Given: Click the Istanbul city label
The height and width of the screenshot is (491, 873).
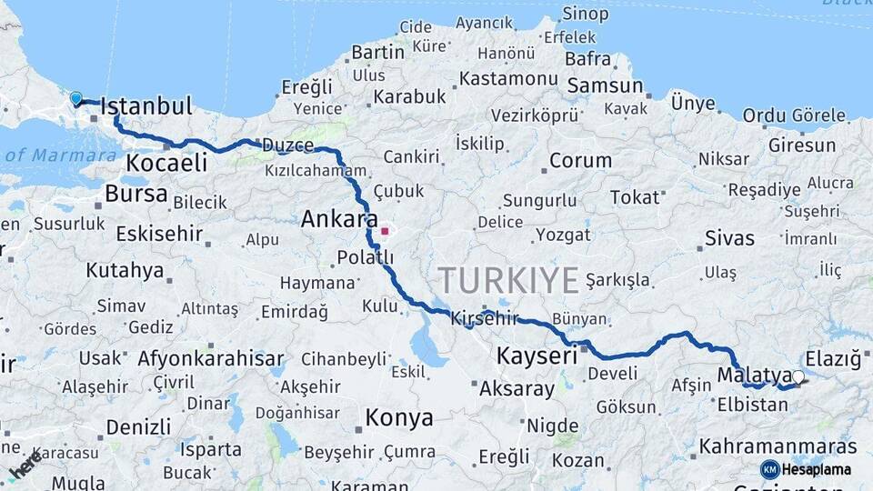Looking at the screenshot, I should [145, 106].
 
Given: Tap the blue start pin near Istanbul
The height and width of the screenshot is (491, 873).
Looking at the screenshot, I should [75, 97].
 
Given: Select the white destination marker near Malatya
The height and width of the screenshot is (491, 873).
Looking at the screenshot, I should [798, 377].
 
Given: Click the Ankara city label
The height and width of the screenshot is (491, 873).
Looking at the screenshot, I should [339, 219].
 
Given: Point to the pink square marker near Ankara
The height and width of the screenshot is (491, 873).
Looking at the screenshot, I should [385, 231].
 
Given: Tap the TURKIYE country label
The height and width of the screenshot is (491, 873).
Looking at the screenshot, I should [507, 279].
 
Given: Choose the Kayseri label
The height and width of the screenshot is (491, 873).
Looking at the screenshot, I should [537, 356].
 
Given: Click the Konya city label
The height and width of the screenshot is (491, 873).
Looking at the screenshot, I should [398, 417].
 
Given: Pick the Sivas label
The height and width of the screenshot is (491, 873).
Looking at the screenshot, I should [729, 238].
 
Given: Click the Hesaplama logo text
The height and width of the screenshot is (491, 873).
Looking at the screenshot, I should [818, 469].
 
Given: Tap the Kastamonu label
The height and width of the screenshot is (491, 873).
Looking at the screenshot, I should [507, 79].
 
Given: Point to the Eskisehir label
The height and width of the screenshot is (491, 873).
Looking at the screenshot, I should [159, 234].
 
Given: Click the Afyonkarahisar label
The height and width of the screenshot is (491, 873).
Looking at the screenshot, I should [211, 358].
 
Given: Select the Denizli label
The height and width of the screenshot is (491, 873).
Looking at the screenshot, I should [138, 426].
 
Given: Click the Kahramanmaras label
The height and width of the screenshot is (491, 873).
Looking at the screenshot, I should [778, 447].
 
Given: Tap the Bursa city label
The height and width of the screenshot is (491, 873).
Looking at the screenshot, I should [136, 194].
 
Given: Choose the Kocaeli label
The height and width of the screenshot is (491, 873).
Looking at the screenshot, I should [166, 163].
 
